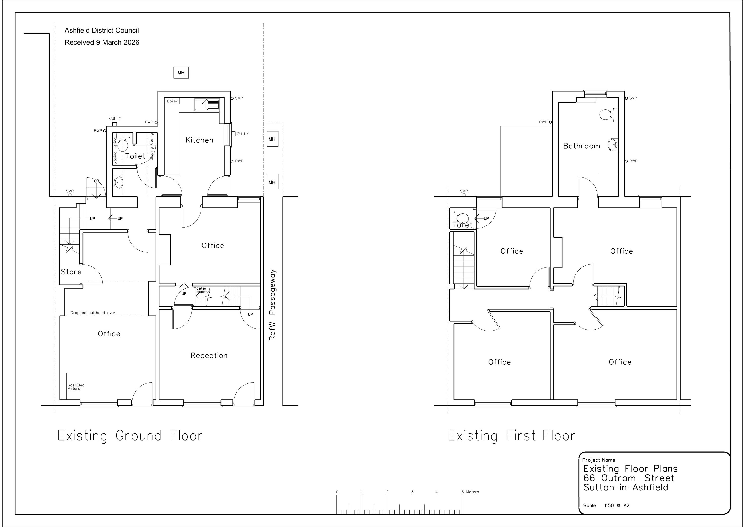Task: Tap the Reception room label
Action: click(x=209, y=356)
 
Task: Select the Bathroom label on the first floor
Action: click(x=582, y=146)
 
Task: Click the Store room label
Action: click(x=71, y=272)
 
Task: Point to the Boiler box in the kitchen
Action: click(x=172, y=101)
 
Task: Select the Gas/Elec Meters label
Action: click(x=75, y=387)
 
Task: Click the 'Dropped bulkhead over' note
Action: click(x=93, y=313)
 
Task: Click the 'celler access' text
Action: click(x=203, y=290)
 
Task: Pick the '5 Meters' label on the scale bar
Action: click(x=470, y=492)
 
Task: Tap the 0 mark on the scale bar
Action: click(x=337, y=492)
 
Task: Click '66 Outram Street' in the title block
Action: click(x=629, y=478)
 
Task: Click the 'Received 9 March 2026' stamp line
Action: click(x=102, y=42)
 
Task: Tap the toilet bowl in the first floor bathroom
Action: click(x=606, y=115)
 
